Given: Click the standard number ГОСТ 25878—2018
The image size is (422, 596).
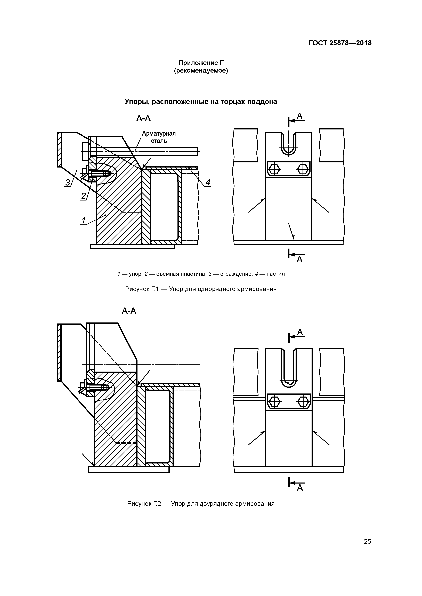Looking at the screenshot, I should pos(340,43).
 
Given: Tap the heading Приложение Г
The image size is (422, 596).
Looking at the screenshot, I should pos(201,63).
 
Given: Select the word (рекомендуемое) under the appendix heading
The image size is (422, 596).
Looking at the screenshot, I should pos(201,71).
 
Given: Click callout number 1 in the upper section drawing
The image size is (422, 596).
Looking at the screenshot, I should pos(83,221).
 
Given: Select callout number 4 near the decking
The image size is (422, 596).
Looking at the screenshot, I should pos(208,182).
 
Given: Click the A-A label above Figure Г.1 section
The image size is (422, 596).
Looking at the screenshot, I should pos(143,119).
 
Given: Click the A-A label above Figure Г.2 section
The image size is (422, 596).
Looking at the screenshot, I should pos(129,311).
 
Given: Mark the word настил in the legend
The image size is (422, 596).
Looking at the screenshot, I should pos(276,274).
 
